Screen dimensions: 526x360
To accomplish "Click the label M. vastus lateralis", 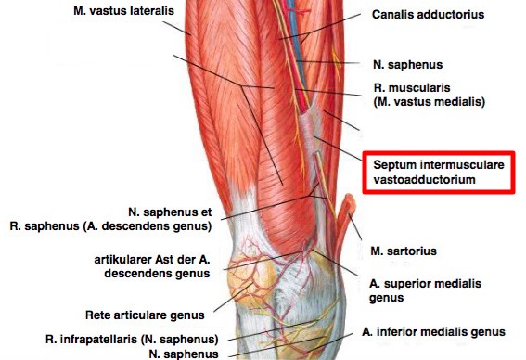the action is tap(123, 11).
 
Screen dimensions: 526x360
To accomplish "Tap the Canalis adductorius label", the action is tap(428, 15).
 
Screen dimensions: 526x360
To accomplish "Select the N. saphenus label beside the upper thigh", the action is tap(407, 64).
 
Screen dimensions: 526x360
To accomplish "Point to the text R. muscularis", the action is tap(412, 88).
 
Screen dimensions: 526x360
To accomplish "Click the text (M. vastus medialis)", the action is tap(429, 102).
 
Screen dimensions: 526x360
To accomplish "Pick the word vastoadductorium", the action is tap(424, 179).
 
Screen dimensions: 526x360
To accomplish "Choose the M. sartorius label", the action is tap(404, 251).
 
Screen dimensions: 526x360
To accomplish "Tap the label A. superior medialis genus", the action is tap(425, 290).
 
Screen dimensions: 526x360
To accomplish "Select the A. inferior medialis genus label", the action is tap(433, 332).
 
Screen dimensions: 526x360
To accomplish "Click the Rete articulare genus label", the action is tap(145, 315).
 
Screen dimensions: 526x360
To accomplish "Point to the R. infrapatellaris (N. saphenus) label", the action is tap(132, 340).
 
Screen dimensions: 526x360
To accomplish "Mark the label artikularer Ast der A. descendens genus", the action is tap(152, 266).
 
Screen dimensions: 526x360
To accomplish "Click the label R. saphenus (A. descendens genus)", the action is tap(110, 226).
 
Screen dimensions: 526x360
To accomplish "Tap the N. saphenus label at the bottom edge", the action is tap(184, 354).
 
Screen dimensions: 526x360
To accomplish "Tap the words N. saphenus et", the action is tap(170, 212).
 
